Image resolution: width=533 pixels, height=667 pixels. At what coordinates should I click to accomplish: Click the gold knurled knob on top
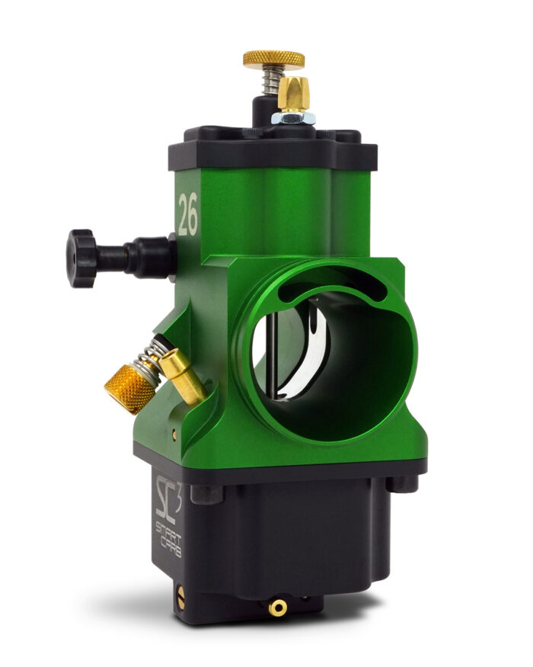coord(273,59)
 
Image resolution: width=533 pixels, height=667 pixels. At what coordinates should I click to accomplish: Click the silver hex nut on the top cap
coord(293,117)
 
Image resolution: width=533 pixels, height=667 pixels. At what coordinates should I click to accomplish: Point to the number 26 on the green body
coord(187,214)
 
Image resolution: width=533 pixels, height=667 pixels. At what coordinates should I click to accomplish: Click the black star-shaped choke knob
coord(82,258)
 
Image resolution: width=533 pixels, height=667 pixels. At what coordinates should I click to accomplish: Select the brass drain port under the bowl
coord(278,607)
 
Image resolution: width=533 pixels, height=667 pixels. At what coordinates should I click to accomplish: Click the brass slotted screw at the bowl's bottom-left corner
coord(181,600)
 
